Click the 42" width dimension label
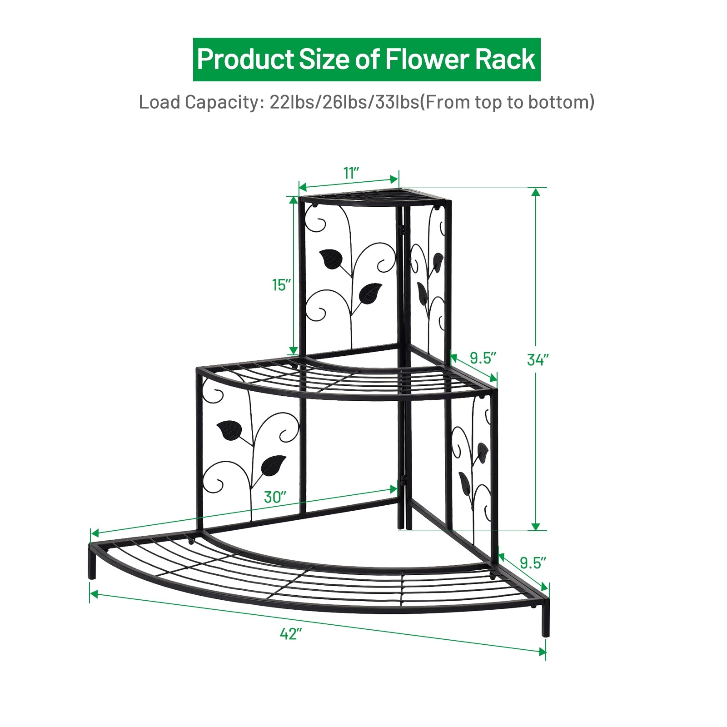pyautogui.click(x=291, y=633)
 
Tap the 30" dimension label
pyautogui.click(x=275, y=497)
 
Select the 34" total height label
pyautogui.click(x=538, y=360)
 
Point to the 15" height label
pyautogui.click(x=281, y=285)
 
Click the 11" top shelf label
pyautogui.click(x=351, y=173)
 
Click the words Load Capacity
pyautogui.click(x=199, y=102)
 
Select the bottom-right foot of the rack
pyautogui.click(x=545, y=629)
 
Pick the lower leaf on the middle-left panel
pyautogui.click(x=273, y=465)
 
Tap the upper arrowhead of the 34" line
pyautogui.click(x=536, y=192)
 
